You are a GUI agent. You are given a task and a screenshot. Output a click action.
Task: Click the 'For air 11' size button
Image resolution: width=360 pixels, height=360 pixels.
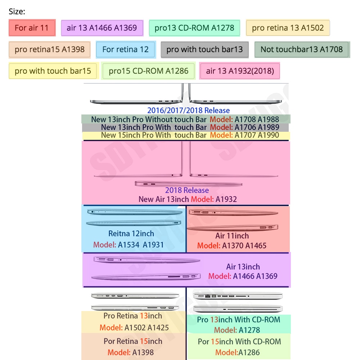(32, 28)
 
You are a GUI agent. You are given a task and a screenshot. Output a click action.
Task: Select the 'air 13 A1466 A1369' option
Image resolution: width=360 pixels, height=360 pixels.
(102, 28)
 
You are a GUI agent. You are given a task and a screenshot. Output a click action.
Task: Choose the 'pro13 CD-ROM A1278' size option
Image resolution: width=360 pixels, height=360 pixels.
(194, 28)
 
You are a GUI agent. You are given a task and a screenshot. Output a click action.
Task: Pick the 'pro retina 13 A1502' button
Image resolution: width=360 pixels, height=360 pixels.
(288, 28)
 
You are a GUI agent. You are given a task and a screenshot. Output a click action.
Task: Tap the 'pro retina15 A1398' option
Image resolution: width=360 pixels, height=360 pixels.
(50, 49)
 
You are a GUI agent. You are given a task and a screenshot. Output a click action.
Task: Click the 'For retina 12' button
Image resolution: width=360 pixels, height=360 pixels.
(126, 49)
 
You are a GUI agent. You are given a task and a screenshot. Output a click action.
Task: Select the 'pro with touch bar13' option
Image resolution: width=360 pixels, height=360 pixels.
(204, 49)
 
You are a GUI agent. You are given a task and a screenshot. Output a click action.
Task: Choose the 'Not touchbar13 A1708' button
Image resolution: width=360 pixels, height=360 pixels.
(302, 49)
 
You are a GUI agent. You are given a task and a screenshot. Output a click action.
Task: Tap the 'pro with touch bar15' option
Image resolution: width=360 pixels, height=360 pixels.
(53, 71)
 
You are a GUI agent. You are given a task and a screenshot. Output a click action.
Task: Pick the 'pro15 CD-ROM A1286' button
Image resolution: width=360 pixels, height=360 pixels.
(148, 71)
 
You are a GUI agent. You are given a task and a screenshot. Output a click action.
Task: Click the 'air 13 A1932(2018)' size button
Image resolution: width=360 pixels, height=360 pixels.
(240, 71)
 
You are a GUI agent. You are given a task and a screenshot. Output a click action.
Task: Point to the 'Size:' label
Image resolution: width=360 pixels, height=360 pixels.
(17, 12)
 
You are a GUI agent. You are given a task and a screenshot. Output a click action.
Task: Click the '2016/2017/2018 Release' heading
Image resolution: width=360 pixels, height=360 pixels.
(189, 111)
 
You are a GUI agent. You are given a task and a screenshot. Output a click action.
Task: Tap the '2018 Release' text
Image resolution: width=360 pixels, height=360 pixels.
(187, 190)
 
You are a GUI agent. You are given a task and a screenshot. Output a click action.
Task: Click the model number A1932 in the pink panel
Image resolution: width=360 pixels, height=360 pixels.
(226, 199)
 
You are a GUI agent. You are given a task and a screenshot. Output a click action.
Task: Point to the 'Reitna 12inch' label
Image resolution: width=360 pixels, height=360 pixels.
(131, 234)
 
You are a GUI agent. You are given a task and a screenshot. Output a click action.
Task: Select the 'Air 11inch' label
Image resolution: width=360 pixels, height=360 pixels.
(232, 236)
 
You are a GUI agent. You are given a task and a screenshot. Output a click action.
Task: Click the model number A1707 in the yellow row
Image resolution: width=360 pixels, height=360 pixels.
(245, 135)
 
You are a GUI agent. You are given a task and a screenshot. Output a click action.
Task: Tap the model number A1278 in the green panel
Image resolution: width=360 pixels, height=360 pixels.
(249, 330)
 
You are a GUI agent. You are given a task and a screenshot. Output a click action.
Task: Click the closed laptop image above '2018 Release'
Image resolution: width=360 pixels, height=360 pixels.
(189, 184)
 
